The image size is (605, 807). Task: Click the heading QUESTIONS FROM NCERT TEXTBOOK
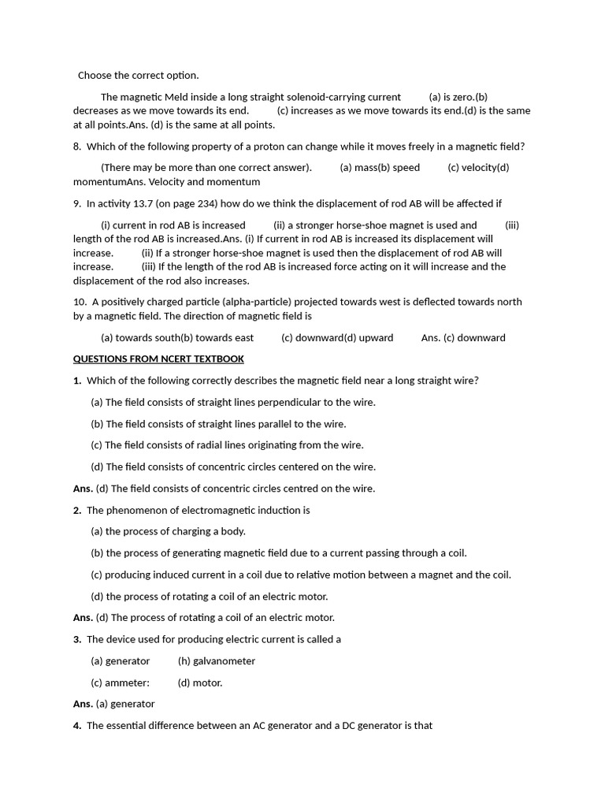(158, 359)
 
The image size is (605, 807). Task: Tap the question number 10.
(80, 302)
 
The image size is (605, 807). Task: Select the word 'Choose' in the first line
(95, 76)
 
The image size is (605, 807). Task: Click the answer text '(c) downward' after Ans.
(475, 337)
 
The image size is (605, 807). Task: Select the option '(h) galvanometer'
(217, 661)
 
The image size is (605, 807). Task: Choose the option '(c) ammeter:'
(120, 682)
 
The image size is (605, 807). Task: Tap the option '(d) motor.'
(200, 682)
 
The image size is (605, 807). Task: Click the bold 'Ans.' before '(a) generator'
(83, 704)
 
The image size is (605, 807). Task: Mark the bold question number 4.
(77, 725)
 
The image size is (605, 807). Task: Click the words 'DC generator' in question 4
(377, 725)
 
